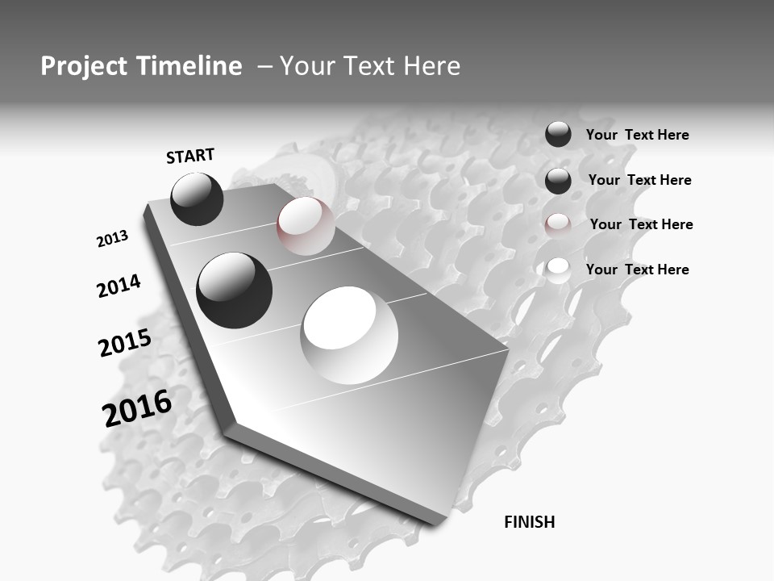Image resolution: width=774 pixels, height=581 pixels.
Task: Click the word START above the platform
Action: click(x=190, y=156)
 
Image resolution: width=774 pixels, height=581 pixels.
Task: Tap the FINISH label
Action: click(x=530, y=522)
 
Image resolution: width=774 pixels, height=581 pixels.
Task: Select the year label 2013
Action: click(x=112, y=239)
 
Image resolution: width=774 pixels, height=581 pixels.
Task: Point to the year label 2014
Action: click(x=119, y=286)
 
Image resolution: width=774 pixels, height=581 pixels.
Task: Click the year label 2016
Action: click(x=137, y=408)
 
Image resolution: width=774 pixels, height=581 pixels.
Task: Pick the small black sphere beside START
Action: click(x=197, y=199)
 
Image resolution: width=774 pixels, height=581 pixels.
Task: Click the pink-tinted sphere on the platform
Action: click(x=306, y=226)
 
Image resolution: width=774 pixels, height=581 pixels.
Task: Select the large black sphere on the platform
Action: click(x=235, y=290)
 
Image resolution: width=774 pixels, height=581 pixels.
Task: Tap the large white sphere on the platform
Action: click(x=350, y=335)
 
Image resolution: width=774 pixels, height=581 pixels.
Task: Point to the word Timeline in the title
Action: click(x=191, y=66)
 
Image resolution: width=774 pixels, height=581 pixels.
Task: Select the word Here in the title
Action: click(x=429, y=66)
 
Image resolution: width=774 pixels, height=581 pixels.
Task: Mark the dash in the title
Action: click(x=264, y=66)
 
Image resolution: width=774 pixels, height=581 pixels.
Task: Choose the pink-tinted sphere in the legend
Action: click(x=558, y=225)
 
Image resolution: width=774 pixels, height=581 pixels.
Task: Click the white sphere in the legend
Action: click(x=558, y=270)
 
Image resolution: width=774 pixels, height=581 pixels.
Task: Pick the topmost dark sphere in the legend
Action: click(x=558, y=135)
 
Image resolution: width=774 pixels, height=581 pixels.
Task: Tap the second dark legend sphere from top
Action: click(x=558, y=181)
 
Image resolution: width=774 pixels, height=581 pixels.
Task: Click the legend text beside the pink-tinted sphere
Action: click(x=641, y=224)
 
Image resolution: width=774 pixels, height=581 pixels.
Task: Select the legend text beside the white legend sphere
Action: click(x=637, y=270)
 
